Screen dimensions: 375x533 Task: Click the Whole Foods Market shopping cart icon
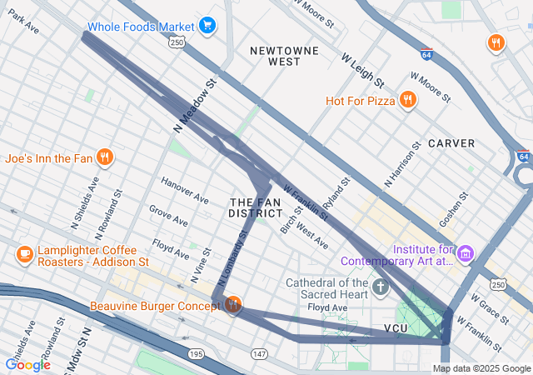pos(207,26)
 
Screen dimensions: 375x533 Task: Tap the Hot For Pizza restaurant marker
pos(407,101)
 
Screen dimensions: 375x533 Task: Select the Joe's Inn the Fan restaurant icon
pos(105,157)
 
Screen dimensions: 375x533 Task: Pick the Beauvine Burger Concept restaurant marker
pos(233,305)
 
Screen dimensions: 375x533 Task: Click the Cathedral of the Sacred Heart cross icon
pos(381,288)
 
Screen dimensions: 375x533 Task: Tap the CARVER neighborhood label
pos(451,143)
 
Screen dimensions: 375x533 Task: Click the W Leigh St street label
pos(362,70)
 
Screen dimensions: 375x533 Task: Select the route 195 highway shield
pos(196,355)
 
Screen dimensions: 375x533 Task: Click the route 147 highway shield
pos(260,355)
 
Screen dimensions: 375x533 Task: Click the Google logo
pos(27,364)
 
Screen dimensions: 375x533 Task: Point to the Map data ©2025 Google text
pos(481,368)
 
